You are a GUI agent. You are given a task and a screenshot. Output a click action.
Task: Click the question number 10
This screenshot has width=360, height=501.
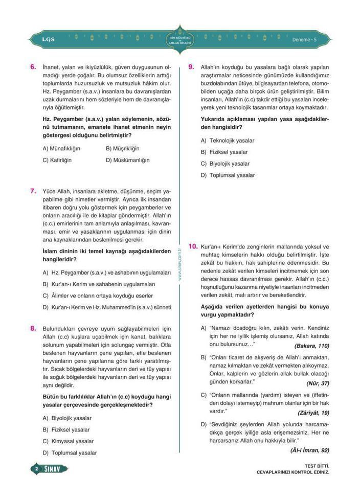(193, 246)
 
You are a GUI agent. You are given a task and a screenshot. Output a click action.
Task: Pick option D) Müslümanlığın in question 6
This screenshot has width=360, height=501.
(127, 160)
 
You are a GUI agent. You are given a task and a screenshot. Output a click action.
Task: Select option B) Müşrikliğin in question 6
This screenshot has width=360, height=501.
(122, 149)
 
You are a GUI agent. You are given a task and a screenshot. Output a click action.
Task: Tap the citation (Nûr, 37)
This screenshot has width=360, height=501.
(317, 383)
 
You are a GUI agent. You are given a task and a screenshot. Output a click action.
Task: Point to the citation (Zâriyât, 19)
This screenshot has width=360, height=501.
(313, 413)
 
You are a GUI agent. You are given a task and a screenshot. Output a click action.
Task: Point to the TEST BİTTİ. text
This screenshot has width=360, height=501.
(316, 466)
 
